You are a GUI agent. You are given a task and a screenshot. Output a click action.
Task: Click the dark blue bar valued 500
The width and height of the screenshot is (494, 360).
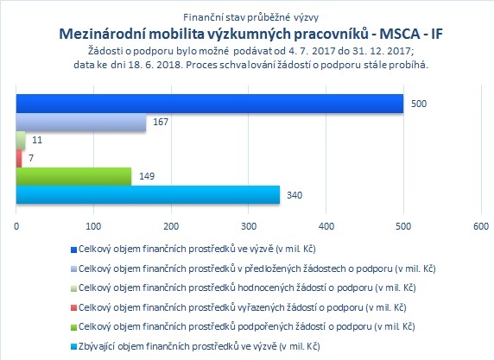click(210, 104)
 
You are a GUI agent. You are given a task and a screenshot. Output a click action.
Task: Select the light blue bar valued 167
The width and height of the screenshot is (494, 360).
click(81, 123)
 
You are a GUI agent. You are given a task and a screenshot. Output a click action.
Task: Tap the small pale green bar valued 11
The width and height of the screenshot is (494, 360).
click(21, 140)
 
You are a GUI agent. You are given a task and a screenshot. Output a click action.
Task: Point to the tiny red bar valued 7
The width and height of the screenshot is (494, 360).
click(19, 159)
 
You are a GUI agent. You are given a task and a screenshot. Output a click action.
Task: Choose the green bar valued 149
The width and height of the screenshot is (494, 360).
click(73, 176)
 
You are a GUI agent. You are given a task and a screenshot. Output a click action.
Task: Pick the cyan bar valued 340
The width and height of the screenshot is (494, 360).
click(148, 194)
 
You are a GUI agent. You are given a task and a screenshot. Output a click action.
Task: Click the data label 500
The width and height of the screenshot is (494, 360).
click(419, 104)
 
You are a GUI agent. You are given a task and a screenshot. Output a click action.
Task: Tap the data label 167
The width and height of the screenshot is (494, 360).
click(161, 122)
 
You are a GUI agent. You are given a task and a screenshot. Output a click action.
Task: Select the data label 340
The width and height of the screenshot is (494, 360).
click(294, 195)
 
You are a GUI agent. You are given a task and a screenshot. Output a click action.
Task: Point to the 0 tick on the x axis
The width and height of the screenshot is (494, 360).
click(16, 226)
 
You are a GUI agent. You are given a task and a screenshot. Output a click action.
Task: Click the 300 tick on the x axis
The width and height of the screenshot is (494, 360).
click(249, 226)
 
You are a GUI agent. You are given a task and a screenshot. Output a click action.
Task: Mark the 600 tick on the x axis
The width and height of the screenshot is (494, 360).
click(481, 226)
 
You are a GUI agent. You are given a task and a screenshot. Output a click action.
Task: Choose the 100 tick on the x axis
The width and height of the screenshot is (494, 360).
click(93, 226)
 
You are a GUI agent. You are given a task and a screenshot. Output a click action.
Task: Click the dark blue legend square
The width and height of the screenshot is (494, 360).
click(73, 249)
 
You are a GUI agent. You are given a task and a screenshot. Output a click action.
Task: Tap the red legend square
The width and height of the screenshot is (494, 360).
click(73, 307)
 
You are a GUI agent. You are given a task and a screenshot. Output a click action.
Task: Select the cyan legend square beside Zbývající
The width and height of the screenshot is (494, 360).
click(73, 347)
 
